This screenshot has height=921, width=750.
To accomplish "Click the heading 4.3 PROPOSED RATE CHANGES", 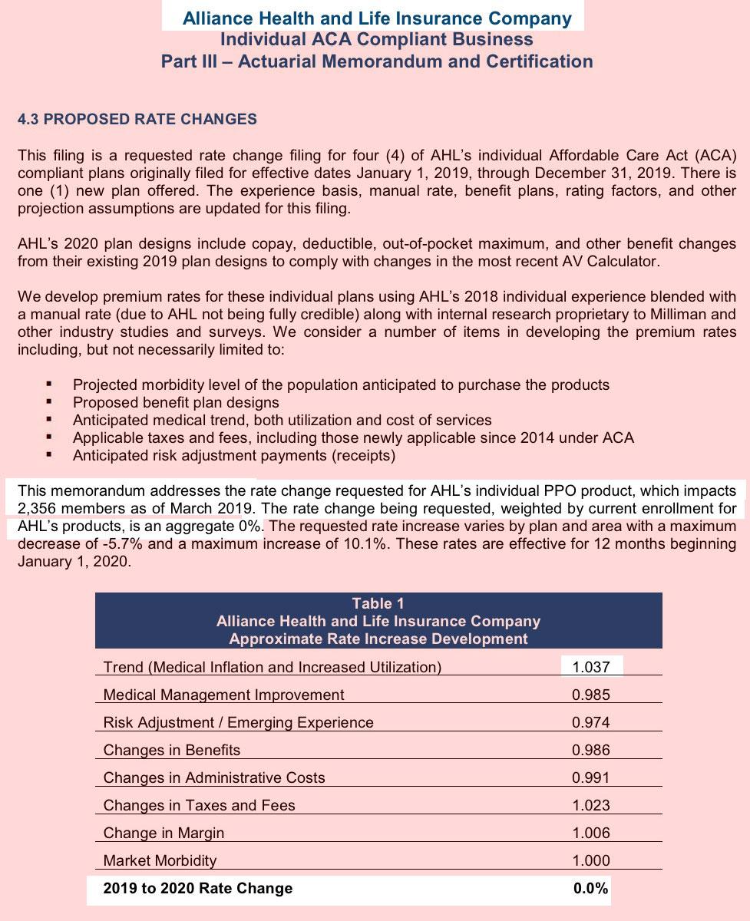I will click(137, 120).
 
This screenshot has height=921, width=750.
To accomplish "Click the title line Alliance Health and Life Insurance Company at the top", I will click(377, 18).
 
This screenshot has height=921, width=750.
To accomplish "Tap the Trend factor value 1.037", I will click(591, 667).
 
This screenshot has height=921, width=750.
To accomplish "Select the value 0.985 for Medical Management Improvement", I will click(591, 695).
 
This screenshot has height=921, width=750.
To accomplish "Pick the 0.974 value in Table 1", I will click(591, 722).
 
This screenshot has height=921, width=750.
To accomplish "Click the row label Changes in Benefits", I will click(172, 750).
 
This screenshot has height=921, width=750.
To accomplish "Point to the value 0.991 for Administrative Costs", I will click(591, 777).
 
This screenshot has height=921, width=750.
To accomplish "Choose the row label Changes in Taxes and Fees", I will click(200, 805).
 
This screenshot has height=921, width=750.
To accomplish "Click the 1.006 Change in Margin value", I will click(591, 833).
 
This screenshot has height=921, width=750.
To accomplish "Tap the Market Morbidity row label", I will click(160, 860).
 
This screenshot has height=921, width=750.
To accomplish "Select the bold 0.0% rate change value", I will click(591, 888).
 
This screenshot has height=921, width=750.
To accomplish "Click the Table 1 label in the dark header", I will click(378, 603).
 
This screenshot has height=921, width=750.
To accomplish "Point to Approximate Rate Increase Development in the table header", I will click(378, 639).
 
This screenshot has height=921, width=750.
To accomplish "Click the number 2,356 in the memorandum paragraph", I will click(38, 508).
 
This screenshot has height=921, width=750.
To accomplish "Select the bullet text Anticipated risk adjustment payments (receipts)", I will click(234, 456).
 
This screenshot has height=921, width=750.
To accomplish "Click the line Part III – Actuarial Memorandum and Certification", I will click(377, 61).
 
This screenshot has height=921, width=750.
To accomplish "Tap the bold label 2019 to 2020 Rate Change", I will click(198, 888).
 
